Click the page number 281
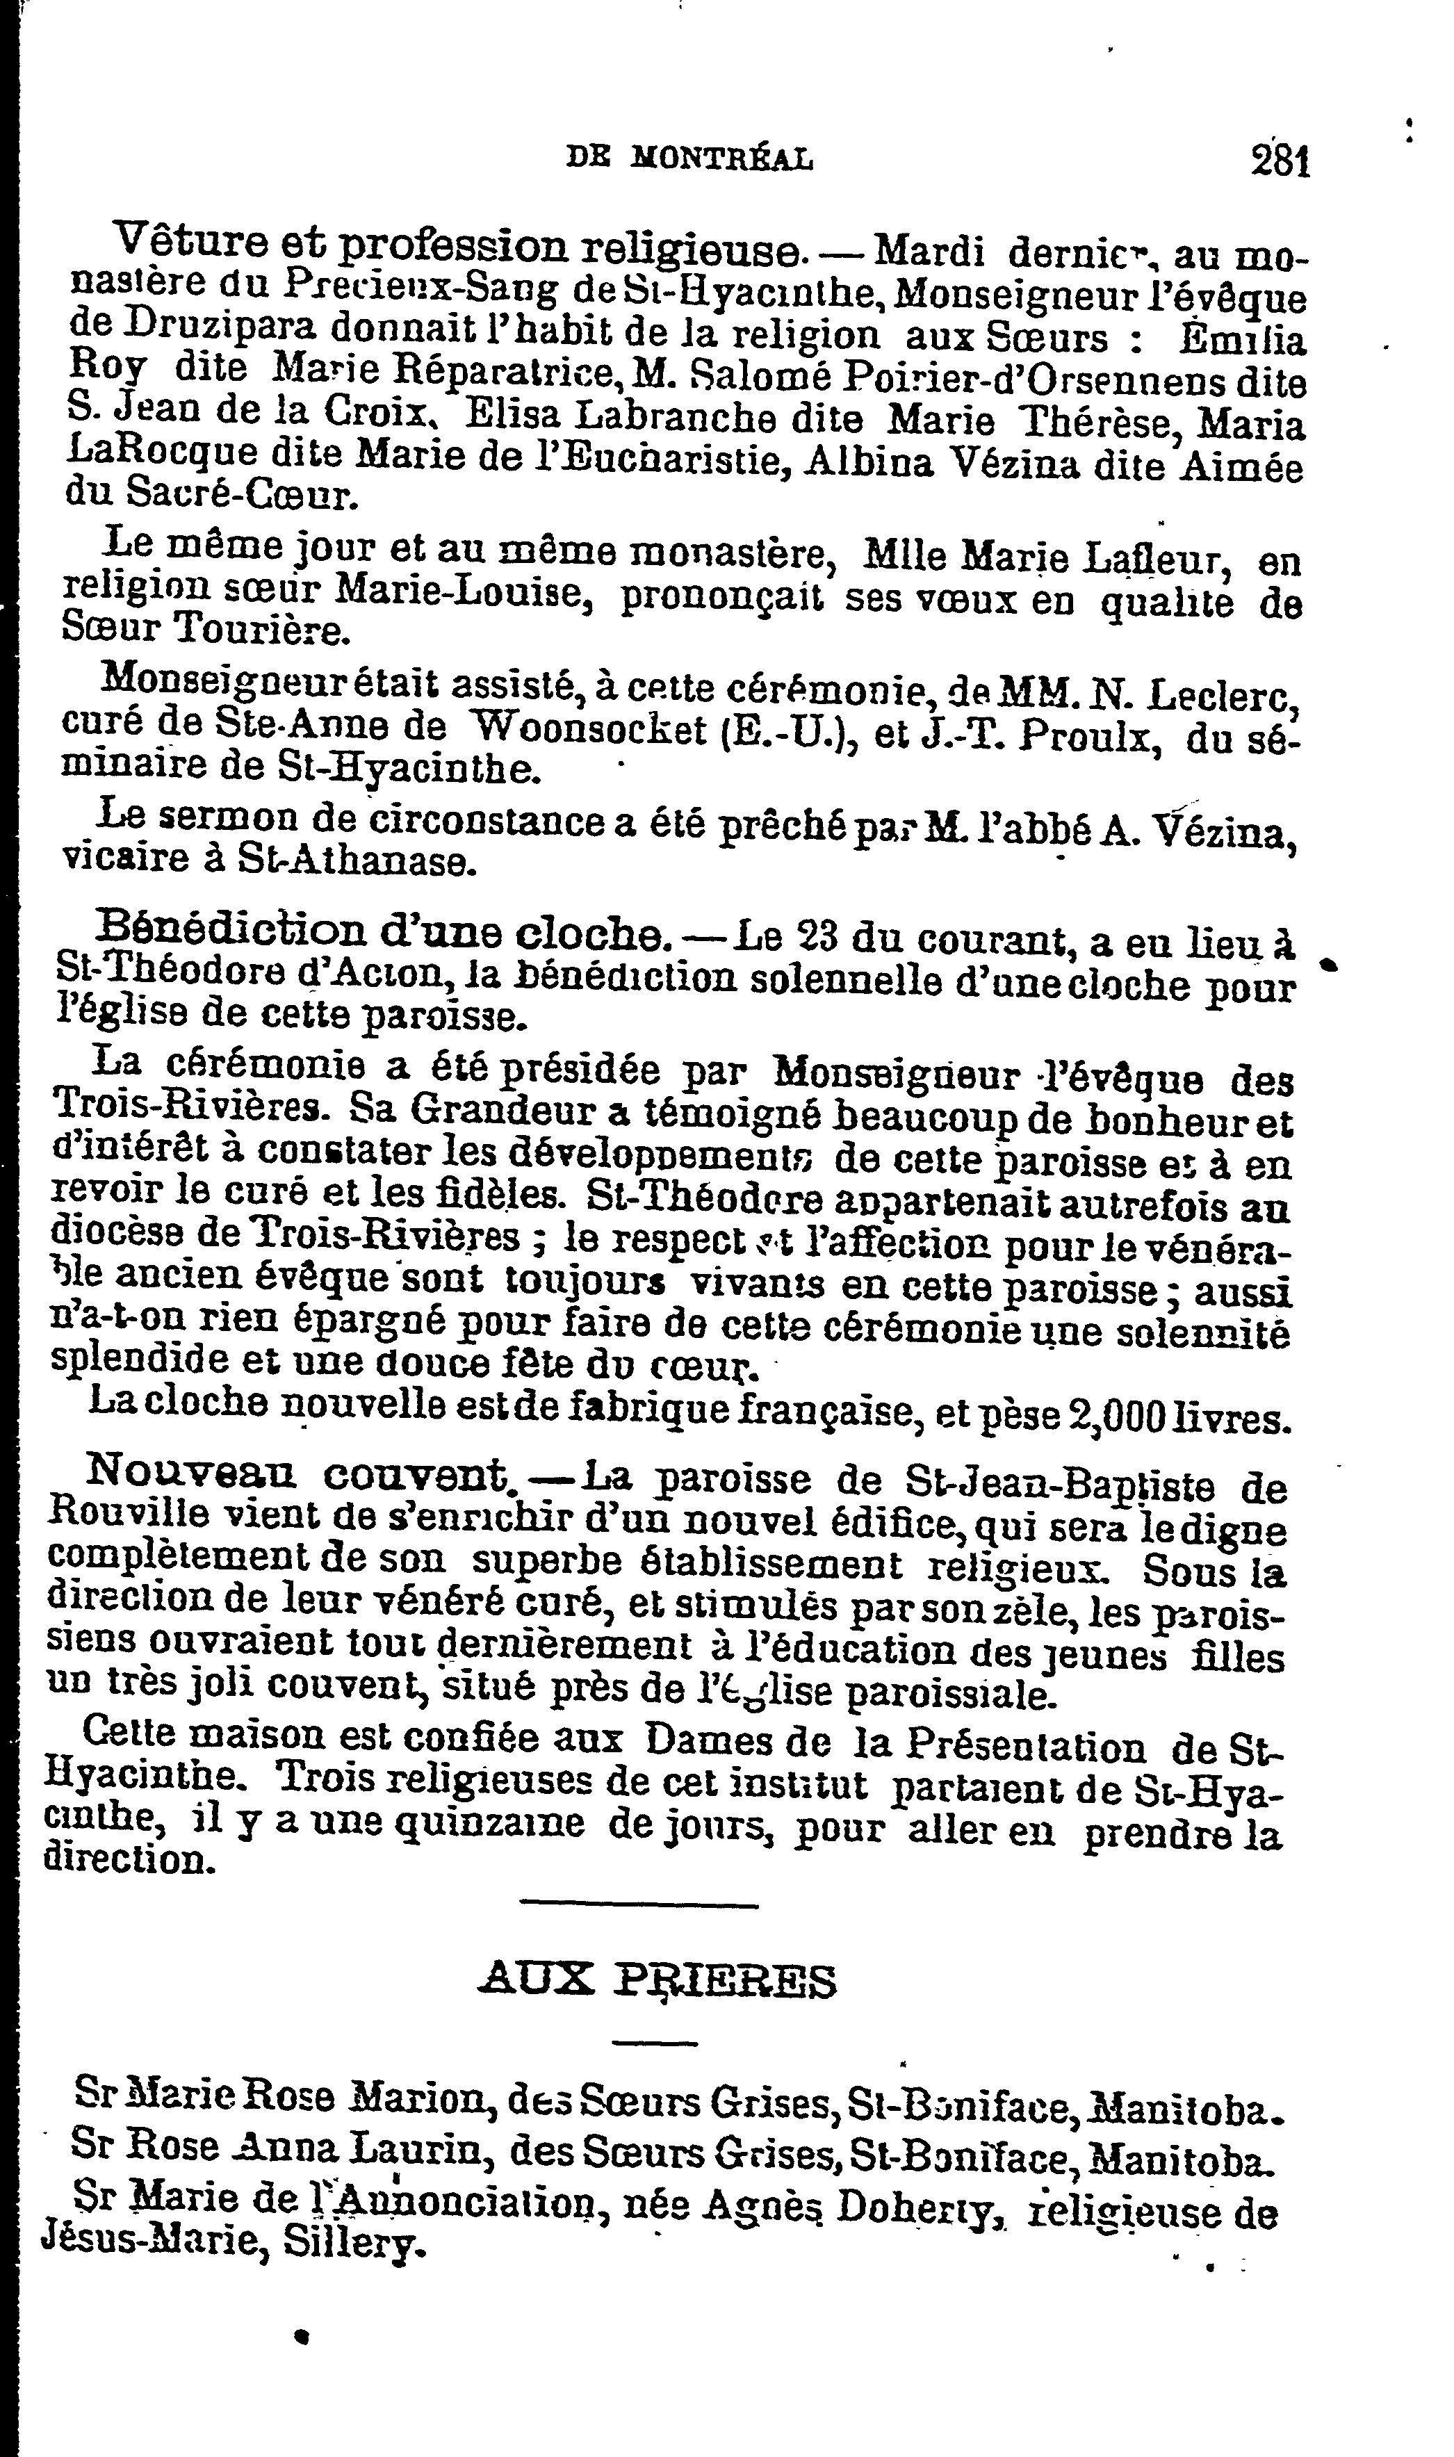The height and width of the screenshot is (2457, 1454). (1280, 160)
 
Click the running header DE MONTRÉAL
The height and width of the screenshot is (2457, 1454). (691, 158)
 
